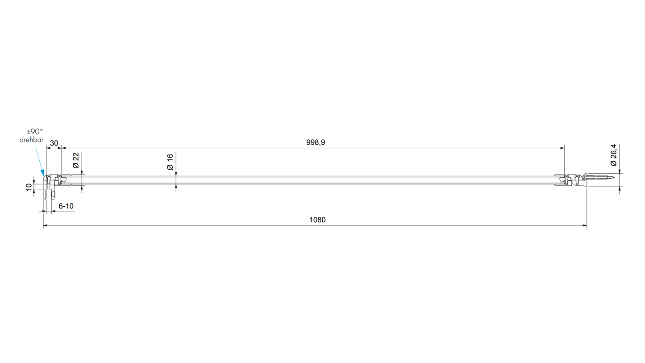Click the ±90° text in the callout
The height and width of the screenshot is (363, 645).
tap(35, 131)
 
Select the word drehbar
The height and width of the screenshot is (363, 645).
tap(31, 140)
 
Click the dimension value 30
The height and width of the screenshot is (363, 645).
tap(54, 143)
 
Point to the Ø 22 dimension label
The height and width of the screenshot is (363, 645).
tap(76, 160)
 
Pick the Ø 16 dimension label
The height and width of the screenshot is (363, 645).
tap(170, 161)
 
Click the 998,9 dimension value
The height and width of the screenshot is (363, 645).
tap(316, 142)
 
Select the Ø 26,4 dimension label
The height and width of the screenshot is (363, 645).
tap(614, 155)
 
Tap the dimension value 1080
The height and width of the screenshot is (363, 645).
tap(317, 220)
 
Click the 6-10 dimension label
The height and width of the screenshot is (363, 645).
tap(66, 206)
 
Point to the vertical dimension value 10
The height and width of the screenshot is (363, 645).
tap(29, 187)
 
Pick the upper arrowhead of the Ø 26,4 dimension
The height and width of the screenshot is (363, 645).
tap(620, 171)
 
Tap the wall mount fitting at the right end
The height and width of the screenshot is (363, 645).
tap(578, 180)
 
